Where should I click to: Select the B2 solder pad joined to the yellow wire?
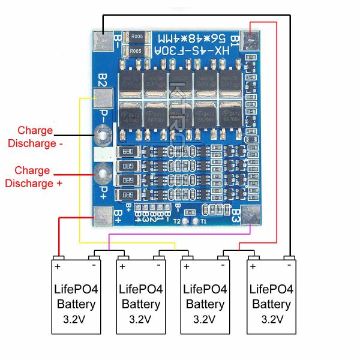tap(101, 98)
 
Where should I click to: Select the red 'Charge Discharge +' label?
tap(34, 177)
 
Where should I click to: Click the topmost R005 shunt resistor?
tap(137, 37)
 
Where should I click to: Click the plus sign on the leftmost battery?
tap(58, 265)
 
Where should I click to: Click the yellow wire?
tap(80, 180)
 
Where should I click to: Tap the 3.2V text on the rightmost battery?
tap(271, 319)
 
